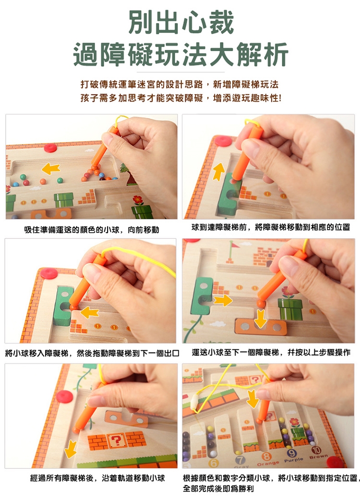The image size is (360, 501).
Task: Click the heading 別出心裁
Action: (x=181, y=23)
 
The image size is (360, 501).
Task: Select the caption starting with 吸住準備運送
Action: (x=91, y=230)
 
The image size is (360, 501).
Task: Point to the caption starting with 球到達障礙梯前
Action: (x=271, y=227)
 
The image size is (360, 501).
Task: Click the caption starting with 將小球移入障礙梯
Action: (x=92, y=353)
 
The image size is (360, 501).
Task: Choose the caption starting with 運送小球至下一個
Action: (x=271, y=352)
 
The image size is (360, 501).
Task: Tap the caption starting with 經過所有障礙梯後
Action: (x=97, y=478)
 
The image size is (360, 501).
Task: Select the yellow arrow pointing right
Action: (x=223, y=300)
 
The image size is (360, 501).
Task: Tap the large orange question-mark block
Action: (x=117, y=441)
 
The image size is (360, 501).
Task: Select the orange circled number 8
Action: (x=266, y=456)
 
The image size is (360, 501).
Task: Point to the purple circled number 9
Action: (x=291, y=453)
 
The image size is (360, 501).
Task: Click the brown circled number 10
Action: (x=316, y=450)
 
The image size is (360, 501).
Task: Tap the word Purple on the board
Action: (x=293, y=460)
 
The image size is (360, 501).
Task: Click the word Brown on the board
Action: (x=318, y=456)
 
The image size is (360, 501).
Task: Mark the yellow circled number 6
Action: (x=213, y=463)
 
